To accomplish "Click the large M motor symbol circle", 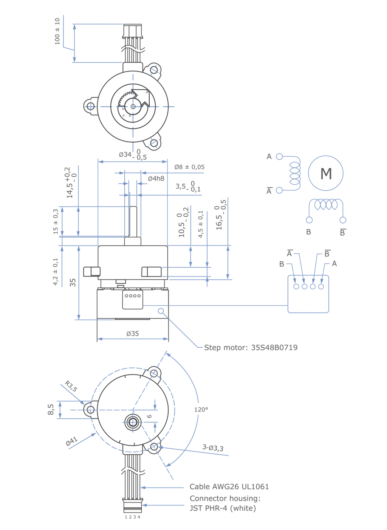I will [326, 173].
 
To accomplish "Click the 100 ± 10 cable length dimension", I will [57, 31].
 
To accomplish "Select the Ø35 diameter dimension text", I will [133, 334].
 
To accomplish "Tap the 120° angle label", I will [201, 409].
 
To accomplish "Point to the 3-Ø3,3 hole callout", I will [213, 448].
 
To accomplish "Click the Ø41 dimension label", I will [71, 441].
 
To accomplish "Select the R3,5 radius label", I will [71, 386].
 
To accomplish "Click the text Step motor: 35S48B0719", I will [251, 347].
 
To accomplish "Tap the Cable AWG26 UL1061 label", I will [229, 486].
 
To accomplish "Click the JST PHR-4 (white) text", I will [223, 508].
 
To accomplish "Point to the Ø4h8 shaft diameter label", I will [156, 179].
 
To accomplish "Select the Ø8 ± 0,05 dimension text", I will [189, 167].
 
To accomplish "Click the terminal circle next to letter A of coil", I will [279, 157].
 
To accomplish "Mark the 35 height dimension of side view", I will [73, 283].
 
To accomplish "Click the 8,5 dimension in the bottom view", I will [51, 409].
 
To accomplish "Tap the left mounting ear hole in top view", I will [91, 106].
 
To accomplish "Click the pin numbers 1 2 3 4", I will [132, 517].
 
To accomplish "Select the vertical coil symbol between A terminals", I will [295, 173].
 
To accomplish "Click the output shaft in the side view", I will [133, 221].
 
